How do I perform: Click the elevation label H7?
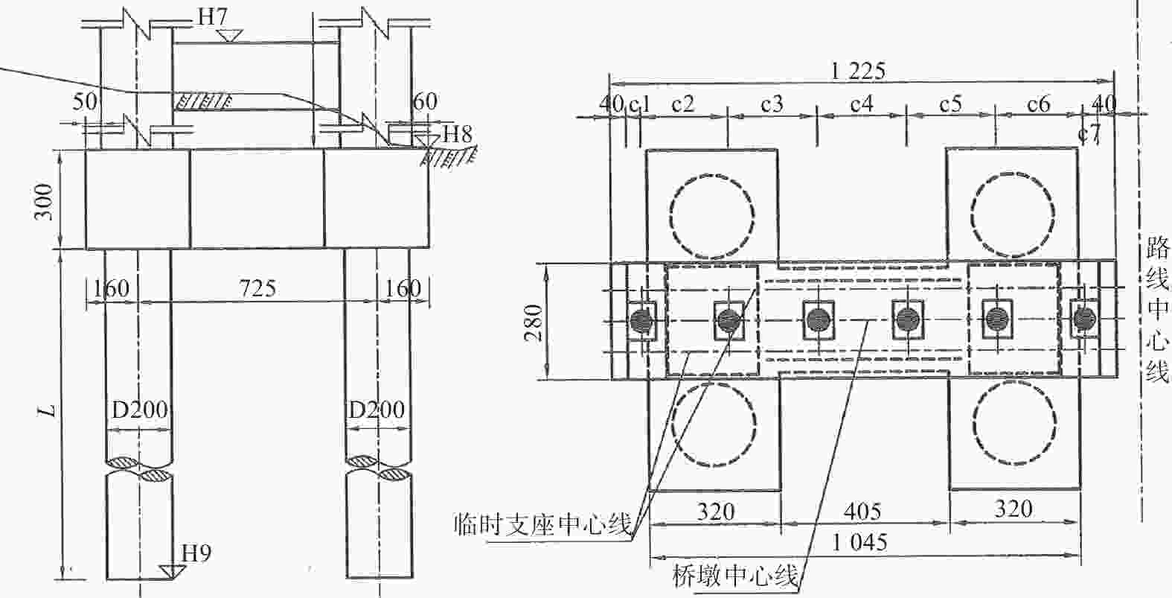point(213,17)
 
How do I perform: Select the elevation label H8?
point(458,135)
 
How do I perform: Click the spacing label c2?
point(682,104)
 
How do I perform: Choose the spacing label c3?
point(772,104)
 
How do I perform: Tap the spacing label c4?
point(861,104)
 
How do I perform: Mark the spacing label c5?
point(950,104)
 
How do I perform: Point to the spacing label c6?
point(1039,104)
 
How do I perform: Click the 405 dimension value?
point(863,512)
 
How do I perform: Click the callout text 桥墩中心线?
point(734,576)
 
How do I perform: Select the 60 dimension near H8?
point(426,101)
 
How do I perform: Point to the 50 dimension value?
point(85,101)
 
